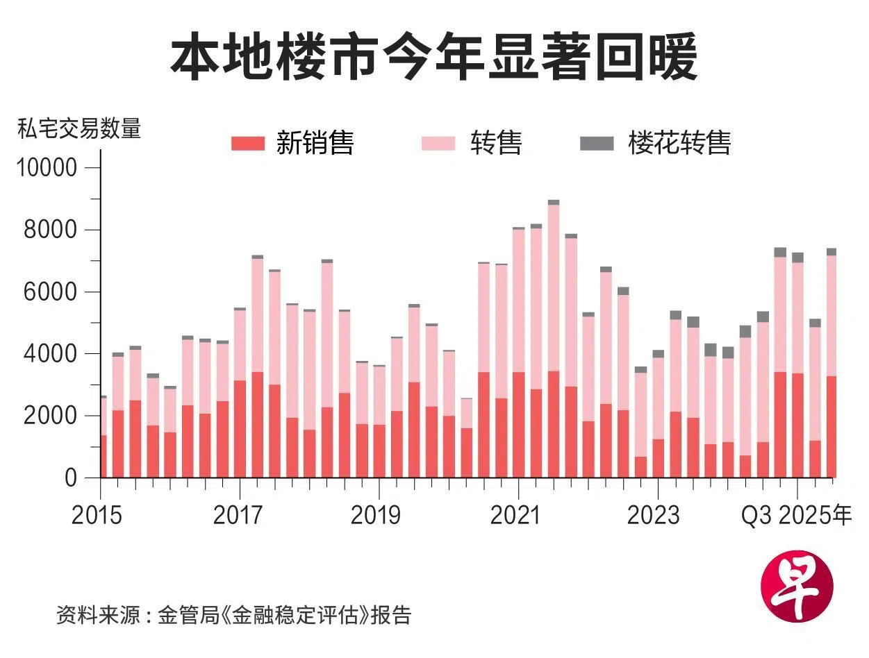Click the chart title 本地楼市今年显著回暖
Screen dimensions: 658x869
(x=434, y=58)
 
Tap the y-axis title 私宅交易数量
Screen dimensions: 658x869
(x=79, y=129)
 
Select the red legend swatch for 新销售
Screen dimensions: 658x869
(x=248, y=144)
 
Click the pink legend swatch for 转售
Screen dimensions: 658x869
(x=438, y=144)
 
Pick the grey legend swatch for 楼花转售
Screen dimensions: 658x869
(x=597, y=144)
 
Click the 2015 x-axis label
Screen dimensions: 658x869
(x=97, y=516)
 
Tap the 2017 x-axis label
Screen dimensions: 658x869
(x=238, y=516)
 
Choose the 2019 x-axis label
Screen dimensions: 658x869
(x=376, y=516)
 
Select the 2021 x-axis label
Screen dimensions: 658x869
(x=515, y=516)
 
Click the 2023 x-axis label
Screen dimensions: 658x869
(x=654, y=516)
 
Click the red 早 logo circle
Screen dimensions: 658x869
(x=797, y=587)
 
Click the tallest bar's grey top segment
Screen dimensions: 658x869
(x=554, y=203)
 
